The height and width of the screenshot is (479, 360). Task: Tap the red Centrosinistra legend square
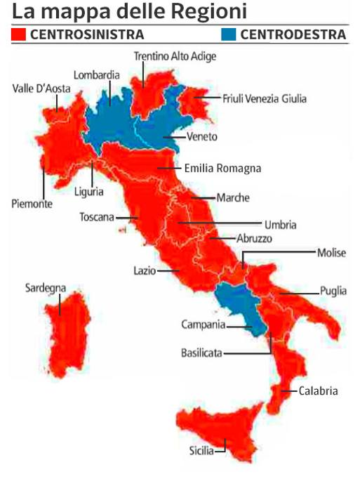click(19, 34)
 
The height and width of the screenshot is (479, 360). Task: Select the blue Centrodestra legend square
click(229, 34)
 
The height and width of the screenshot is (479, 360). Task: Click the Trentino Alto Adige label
click(175, 55)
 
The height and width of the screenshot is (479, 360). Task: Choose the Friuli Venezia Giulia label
click(265, 98)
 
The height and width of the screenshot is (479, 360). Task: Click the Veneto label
click(202, 136)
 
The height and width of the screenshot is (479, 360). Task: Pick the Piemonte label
click(32, 204)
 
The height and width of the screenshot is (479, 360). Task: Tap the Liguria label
click(89, 190)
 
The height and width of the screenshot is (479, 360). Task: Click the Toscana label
click(97, 217)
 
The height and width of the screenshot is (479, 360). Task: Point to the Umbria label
click(280, 225)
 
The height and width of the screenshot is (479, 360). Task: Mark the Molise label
click(331, 253)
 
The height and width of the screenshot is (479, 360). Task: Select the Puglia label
click(333, 290)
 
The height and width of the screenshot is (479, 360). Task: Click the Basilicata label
click(201, 353)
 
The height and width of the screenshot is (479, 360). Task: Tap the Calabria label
click(319, 391)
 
